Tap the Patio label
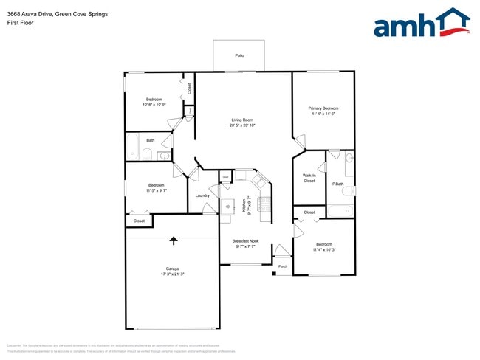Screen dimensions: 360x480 239,55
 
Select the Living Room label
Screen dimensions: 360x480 243,120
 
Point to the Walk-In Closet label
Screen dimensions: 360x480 309,178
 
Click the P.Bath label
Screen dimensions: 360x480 339,184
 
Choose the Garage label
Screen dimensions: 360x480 172,268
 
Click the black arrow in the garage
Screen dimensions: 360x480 174,240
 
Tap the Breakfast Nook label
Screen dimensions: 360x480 245,240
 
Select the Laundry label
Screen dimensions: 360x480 203,195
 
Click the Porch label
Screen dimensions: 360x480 283,266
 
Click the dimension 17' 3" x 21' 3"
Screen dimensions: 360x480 172,274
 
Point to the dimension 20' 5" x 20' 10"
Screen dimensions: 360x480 243,125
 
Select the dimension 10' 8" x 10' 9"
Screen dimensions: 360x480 154,104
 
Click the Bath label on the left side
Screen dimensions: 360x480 150,140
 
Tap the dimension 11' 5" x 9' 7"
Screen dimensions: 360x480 156,190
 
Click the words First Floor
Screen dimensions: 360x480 20,23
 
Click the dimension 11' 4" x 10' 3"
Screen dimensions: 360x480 324,249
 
